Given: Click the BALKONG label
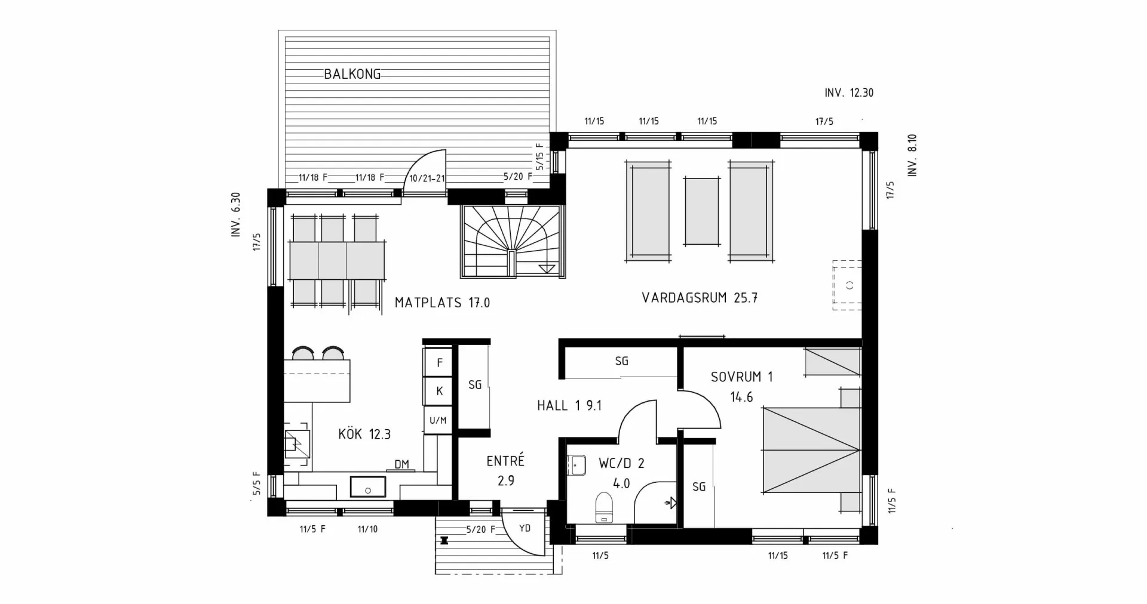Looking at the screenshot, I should [x=352, y=74].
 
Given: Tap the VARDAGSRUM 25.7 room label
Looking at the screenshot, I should [x=699, y=298].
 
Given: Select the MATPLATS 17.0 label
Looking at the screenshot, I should [x=442, y=303].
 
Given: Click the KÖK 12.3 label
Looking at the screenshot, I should [x=364, y=434].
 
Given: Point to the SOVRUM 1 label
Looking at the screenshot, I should [x=741, y=377].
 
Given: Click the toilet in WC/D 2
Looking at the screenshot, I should [x=604, y=508].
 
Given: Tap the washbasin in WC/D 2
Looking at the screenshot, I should [x=577, y=465].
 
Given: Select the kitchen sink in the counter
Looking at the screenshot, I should [x=367, y=486].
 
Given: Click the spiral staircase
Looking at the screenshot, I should [x=511, y=241].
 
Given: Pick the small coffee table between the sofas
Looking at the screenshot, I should [x=702, y=211].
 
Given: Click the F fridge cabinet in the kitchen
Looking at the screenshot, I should [x=440, y=363].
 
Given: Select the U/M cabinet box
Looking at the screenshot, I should [x=438, y=420].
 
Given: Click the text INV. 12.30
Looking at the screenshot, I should [x=848, y=93].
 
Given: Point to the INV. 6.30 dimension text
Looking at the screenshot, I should [x=236, y=215].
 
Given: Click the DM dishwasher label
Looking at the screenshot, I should [x=401, y=464].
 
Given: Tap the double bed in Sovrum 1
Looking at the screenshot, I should [x=811, y=450].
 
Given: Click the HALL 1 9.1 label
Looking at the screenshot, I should [x=569, y=406].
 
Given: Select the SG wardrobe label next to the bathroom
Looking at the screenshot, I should [x=698, y=486].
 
